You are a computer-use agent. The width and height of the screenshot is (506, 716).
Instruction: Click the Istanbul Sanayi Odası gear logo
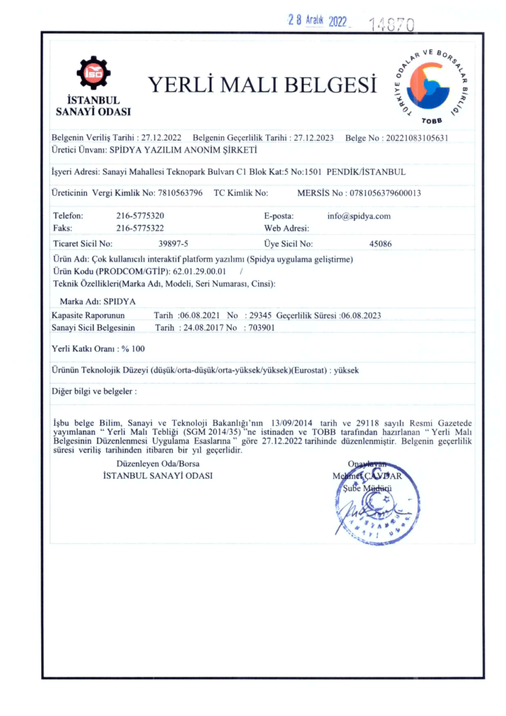click(93, 73)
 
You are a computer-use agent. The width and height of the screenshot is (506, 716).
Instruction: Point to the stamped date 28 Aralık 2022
click(318, 21)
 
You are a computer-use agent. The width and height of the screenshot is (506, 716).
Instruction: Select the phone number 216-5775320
click(140, 216)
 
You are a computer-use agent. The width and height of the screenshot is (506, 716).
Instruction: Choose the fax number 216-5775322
click(140, 228)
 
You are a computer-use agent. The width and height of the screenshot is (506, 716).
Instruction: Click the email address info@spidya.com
click(358, 216)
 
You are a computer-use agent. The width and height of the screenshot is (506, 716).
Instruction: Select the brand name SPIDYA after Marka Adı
click(120, 302)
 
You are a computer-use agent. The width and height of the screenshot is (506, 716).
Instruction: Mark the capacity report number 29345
click(260, 315)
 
